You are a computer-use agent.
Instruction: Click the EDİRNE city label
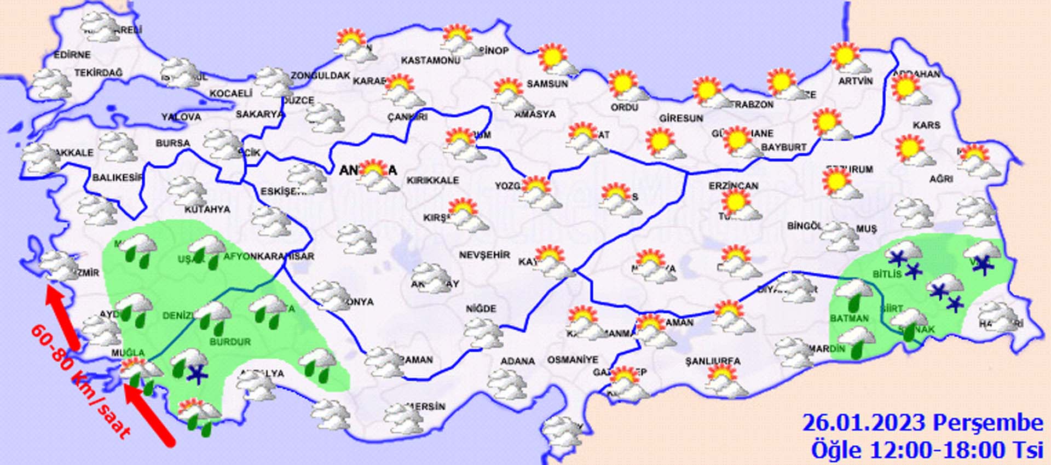pyautogui.click(x=72, y=55)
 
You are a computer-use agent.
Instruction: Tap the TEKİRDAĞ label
pyautogui.click(x=99, y=72)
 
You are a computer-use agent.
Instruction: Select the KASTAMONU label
pyautogui.click(x=430, y=60)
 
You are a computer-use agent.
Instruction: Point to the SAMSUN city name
pyautogui.click(x=547, y=84)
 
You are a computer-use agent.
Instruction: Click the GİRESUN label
pyautogui.click(x=681, y=118)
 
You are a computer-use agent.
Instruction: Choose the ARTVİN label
pyautogui.click(x=855, y=81)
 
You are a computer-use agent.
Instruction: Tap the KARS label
pyautogui.click(x=926, y=125)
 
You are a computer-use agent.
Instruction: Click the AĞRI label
pyautogui.click(x=941, y=179)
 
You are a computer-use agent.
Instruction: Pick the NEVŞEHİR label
pyautogui.click(x=484, y=255)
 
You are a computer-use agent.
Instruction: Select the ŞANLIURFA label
pyautogui.click(x=713, y=361)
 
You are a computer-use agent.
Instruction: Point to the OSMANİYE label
pyautogui.click(x=573, y=360)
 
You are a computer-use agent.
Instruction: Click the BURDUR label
pyautogui.click(x=230, y=342)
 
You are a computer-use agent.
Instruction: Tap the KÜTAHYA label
pyautogui.click(x=207, y=209)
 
